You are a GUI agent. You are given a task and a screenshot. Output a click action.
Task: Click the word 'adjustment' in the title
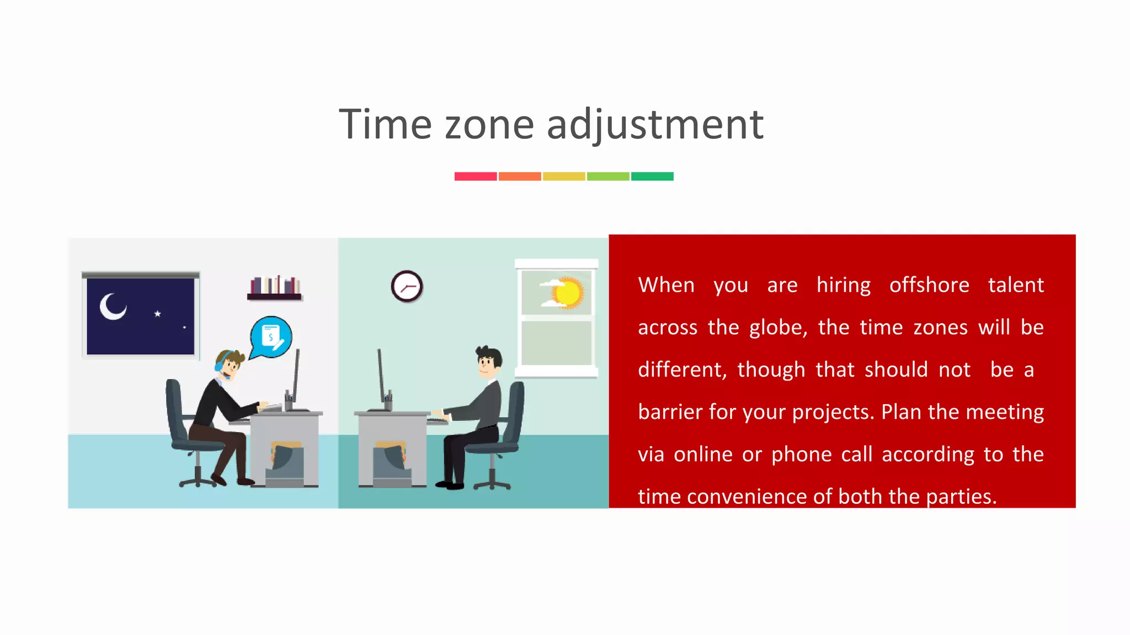655,125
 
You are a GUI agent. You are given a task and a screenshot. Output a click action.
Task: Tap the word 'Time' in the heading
385,125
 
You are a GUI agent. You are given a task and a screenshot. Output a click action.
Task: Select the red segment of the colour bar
476,176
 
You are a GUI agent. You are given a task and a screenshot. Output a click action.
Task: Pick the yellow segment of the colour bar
564,176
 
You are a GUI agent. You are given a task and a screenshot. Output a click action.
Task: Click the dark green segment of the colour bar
652,176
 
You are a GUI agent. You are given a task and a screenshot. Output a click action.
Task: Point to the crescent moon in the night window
113,306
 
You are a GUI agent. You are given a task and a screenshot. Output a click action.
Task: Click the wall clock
407,287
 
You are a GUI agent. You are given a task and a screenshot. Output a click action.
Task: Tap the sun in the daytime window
568,292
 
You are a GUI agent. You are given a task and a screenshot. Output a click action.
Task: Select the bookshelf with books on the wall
275,288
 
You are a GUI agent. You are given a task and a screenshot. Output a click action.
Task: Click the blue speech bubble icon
271,336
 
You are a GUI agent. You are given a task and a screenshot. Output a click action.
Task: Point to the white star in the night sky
158,314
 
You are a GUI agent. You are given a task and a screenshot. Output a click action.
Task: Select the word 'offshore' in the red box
929,285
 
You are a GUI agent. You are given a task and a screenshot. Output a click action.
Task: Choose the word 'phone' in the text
801,454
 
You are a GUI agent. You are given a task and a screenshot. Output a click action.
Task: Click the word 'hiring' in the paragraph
844,285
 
